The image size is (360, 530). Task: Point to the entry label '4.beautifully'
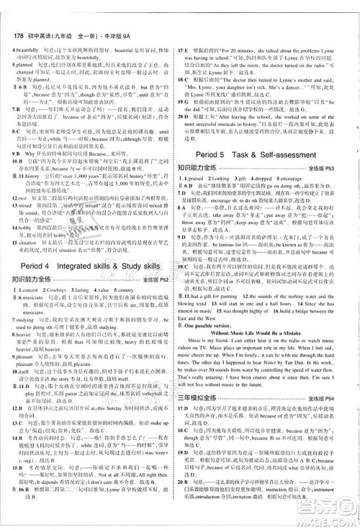tap(23, 50)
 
